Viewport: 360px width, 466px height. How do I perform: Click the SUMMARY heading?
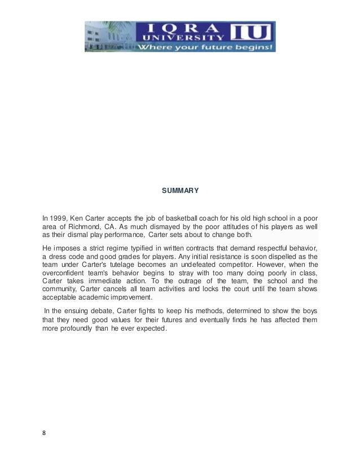pos(180,191)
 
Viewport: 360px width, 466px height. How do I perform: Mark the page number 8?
pos(45,433)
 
